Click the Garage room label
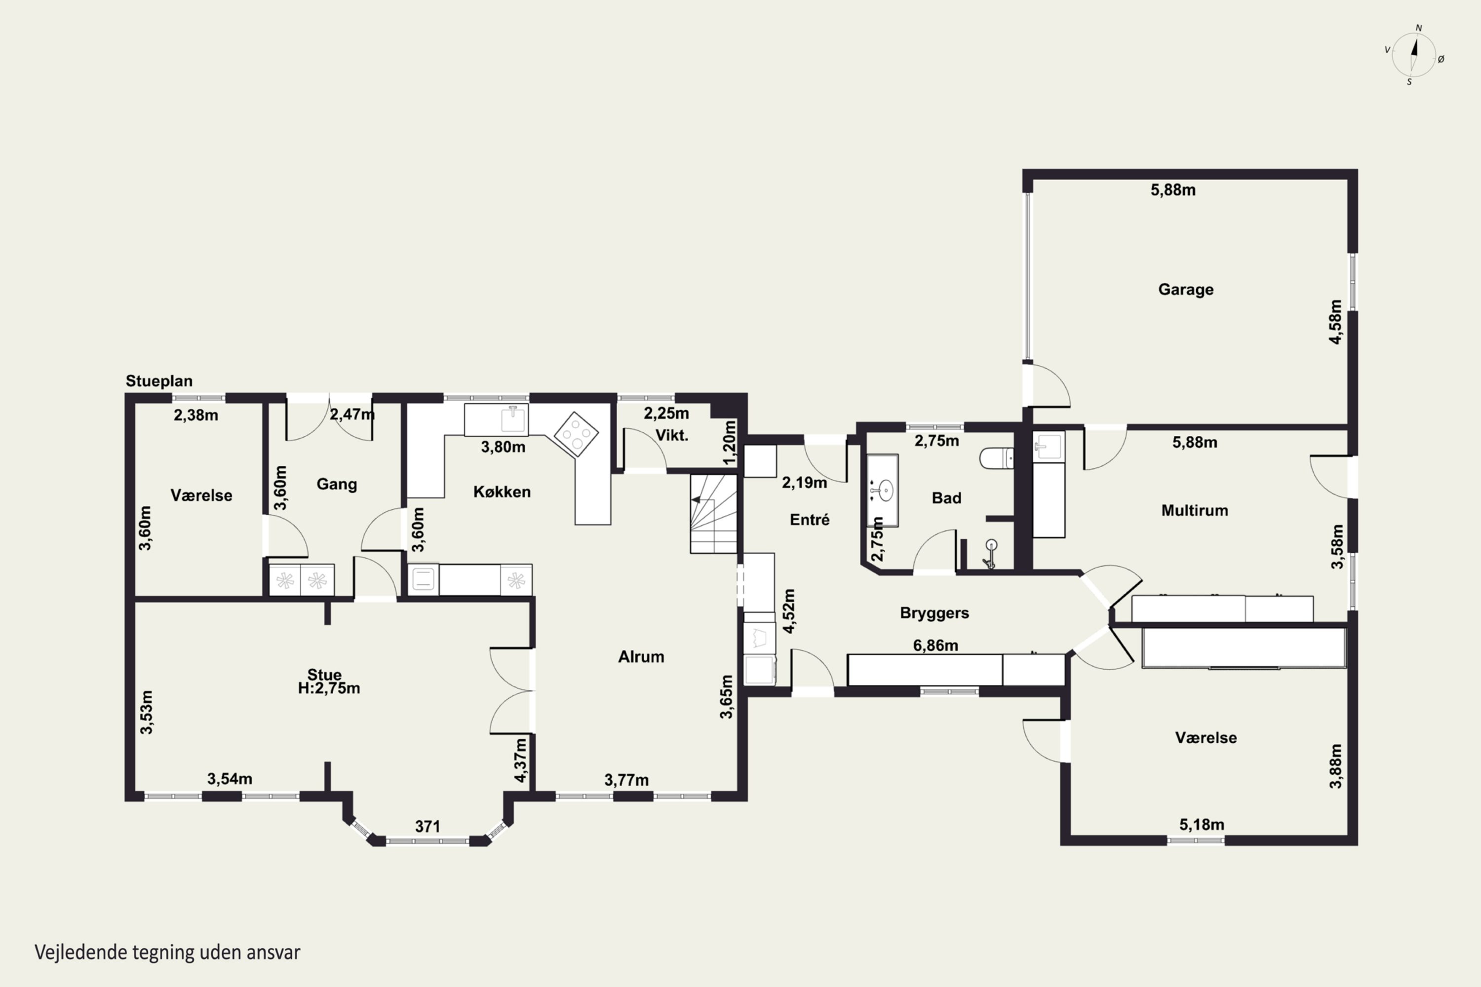tap(1186, 290)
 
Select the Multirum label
tap(1195, 510)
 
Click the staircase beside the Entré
tap(713, 514)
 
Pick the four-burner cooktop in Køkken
tap(576, 434)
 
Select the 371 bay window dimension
tap(427, 827)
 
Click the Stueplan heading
tap(159, 381)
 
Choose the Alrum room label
tap(641, 656)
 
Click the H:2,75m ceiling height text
tap(329, 688)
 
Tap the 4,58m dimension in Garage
tap(1335, 322)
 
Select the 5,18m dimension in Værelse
tap(1202, 824)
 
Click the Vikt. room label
tap(672, 435)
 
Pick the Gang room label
tap(337, 484)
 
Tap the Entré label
tap(810, 519)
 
